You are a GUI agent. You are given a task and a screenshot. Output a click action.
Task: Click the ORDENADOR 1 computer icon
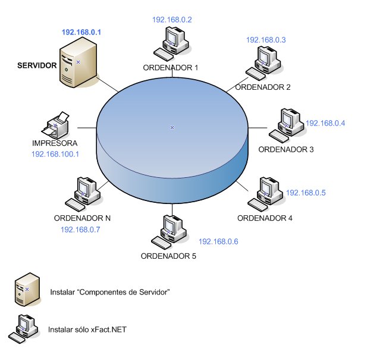(171, 45)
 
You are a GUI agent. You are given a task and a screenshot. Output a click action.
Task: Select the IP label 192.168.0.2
(172, 20)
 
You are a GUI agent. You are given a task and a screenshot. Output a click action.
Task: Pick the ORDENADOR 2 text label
(263, 87)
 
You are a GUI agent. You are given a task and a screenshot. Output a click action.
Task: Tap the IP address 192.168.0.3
(266, 40)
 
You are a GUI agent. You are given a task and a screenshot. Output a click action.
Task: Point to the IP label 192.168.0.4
(325, 123)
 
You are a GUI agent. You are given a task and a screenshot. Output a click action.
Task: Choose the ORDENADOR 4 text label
(265, 218)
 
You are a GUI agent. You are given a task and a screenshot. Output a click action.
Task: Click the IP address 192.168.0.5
(306, 193)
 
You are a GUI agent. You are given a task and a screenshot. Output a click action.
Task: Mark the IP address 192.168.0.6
(218, 241)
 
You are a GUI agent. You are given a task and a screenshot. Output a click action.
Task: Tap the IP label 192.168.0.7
(80, 230)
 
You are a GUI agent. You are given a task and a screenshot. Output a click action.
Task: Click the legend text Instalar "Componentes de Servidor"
(111, 292)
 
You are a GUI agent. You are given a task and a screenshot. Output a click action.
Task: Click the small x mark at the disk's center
(172, 127)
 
